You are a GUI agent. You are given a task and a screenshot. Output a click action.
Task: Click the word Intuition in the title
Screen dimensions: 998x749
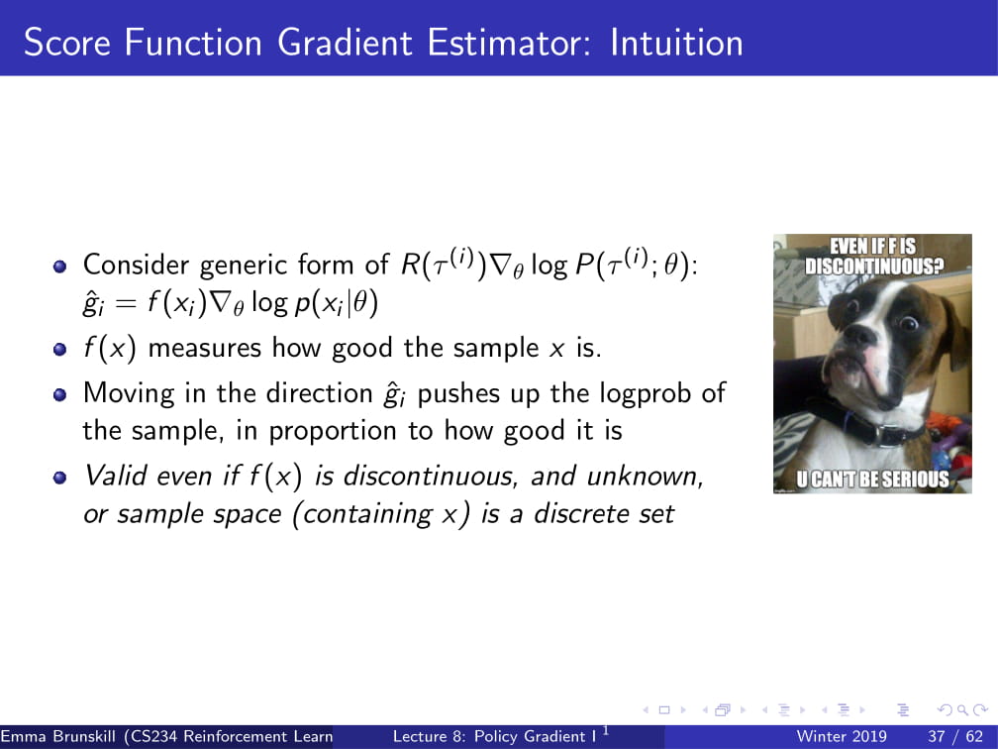click(676, 43)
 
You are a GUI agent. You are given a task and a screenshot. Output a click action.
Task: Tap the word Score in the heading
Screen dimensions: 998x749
click(67, 43)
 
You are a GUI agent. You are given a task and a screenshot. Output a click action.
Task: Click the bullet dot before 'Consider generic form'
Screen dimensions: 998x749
click(59, 266)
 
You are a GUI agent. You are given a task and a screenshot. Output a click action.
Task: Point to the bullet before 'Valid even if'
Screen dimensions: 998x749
click(59, 478)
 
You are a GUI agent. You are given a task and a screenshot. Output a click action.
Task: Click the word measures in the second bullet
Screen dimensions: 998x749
click(204, 349)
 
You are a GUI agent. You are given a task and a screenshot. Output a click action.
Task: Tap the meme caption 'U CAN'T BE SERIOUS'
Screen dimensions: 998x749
click(872, 479)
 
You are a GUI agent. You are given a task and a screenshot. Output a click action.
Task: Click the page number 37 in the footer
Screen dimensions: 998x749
click(937, 736)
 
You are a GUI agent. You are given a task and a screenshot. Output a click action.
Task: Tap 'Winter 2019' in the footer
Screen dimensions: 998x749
click(842, 736)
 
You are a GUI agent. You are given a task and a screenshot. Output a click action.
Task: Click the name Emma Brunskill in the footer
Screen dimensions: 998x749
click(58, 736)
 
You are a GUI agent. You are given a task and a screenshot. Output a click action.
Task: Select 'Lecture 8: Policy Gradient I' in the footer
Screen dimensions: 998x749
click(495, 736)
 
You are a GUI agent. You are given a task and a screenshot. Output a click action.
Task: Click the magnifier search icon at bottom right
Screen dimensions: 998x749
click(961, 709)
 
